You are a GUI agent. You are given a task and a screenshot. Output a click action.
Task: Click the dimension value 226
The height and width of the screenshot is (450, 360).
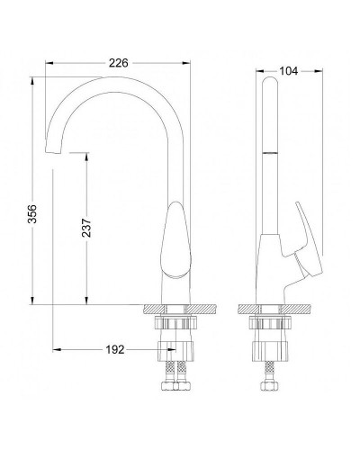[x=118, y=63]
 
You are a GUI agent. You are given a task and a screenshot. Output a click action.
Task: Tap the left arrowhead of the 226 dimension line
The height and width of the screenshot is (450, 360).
[x=49, y=65]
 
